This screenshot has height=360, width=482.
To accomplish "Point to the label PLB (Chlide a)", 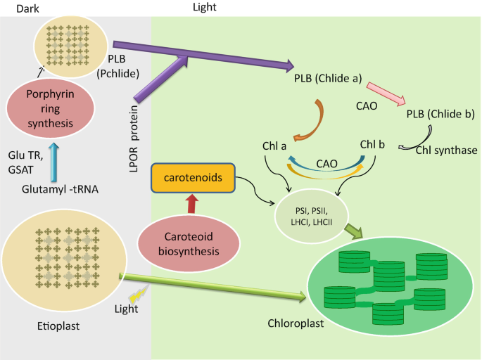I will coord(327,79).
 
